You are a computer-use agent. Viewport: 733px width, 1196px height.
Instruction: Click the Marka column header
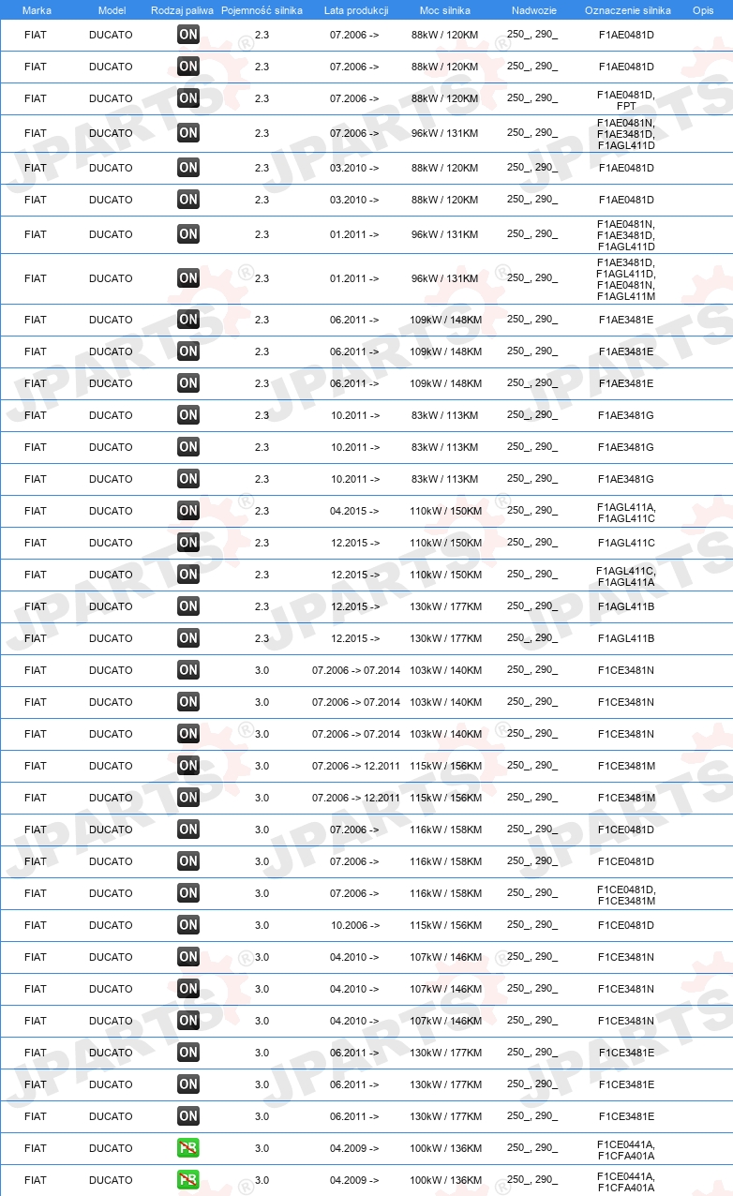pyautogui.click(x=37, y=10)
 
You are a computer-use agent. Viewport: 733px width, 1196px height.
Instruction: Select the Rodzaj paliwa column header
pyautogui.click(x=182, y=10)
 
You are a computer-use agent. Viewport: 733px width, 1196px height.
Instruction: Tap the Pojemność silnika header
pyautogui.click(x=262, y=10)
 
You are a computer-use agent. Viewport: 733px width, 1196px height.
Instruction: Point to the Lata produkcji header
pyautogui.click(x=355, y=10)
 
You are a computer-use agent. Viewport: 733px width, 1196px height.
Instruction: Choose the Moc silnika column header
pyautogui.click(x=445, y=10)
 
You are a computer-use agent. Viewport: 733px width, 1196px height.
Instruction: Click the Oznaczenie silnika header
pyautogui.click(x=627, y=10)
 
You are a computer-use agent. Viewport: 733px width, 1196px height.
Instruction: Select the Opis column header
pyautogui.click(x=702, y=10)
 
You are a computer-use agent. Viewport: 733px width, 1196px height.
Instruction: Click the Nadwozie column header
pyautogui.click(x=533, y=10)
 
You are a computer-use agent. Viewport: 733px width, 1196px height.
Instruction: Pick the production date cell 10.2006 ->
pyautogui.click(x=354, y=925)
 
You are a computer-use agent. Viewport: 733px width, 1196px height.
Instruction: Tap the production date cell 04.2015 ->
pyautogui.click(x=354, y=511)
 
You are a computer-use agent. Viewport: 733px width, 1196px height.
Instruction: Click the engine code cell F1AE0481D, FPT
pyautogui.click(x=626, y=99)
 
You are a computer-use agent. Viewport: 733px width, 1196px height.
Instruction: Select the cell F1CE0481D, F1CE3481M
pyautogui.click(x=626, y=894)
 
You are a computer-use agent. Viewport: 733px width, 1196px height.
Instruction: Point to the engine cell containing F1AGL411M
pyautogui.click(x=626, y=279)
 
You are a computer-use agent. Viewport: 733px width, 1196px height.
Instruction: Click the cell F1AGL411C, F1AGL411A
pyautogui.click(x=626, y=576)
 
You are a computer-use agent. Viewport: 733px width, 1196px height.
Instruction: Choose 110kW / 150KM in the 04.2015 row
pyautogui.click(x=446, y=511)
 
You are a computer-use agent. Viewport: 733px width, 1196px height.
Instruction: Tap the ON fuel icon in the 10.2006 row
pyautogui.click(x=188, y=925)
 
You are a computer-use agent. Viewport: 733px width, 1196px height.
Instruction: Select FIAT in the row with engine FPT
pyautogui.click(x=36, y=98)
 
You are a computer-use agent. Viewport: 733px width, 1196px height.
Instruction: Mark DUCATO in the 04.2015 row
pyautogui.click(x=111, y=511)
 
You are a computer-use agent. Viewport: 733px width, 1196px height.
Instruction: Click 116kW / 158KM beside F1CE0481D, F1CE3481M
pyautogui.click(x=446, y=893)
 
